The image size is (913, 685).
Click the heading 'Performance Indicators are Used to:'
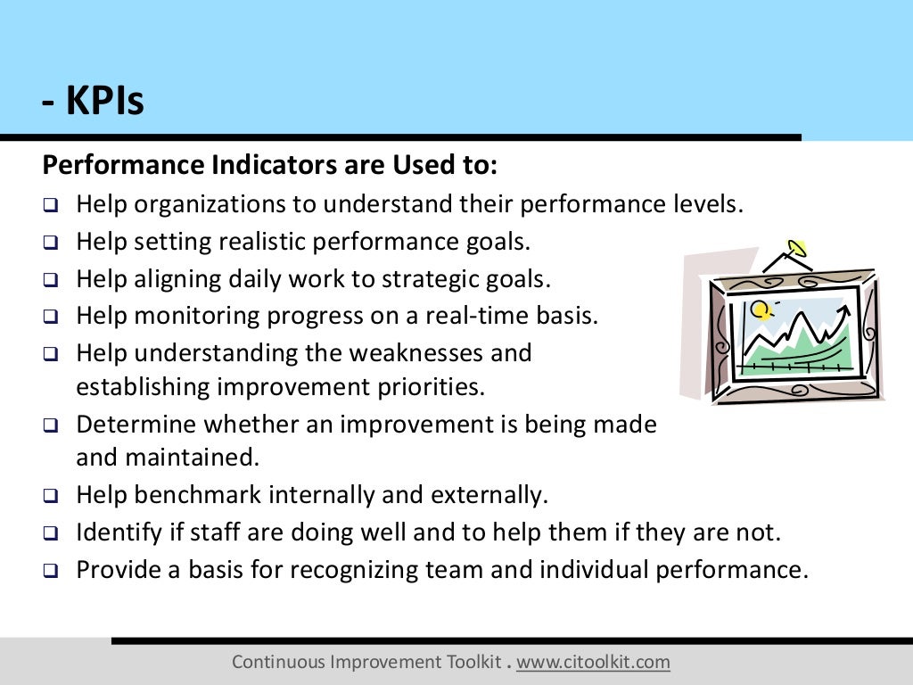tap(270, 166)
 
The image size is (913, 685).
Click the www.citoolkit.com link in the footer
tap(593, 662)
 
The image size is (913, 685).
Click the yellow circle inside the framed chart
tap(760, 309)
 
